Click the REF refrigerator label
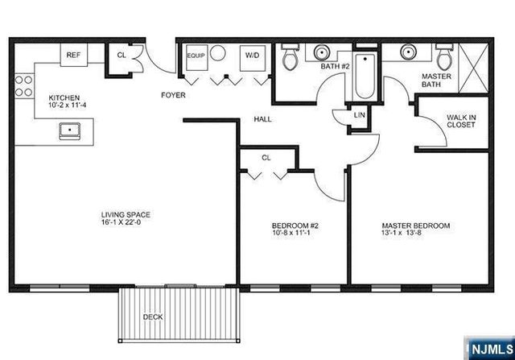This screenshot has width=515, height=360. pyautogui.click(x=73, y=56)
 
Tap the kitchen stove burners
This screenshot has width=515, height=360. pyautogui.click(x=22, y=85)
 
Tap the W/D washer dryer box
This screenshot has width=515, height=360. pyautogui.click(x=251, y=56)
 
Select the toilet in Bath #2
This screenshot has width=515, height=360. pyautogui.click(x=290, y=57)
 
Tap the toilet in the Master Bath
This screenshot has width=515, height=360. pyautogui.click(x=443, y=58)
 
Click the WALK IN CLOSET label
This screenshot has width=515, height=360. pyautogui.click(x=461, y=122)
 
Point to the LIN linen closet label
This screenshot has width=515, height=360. pyautogui.click(x=360, y=116)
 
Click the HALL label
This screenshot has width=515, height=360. pyautogui.click(x=262, y=119)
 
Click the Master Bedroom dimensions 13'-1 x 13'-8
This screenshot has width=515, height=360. pyautogui.click(x=415, y=235)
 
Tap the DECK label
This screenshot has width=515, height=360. pyautogui.click(x=152, y=317)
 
